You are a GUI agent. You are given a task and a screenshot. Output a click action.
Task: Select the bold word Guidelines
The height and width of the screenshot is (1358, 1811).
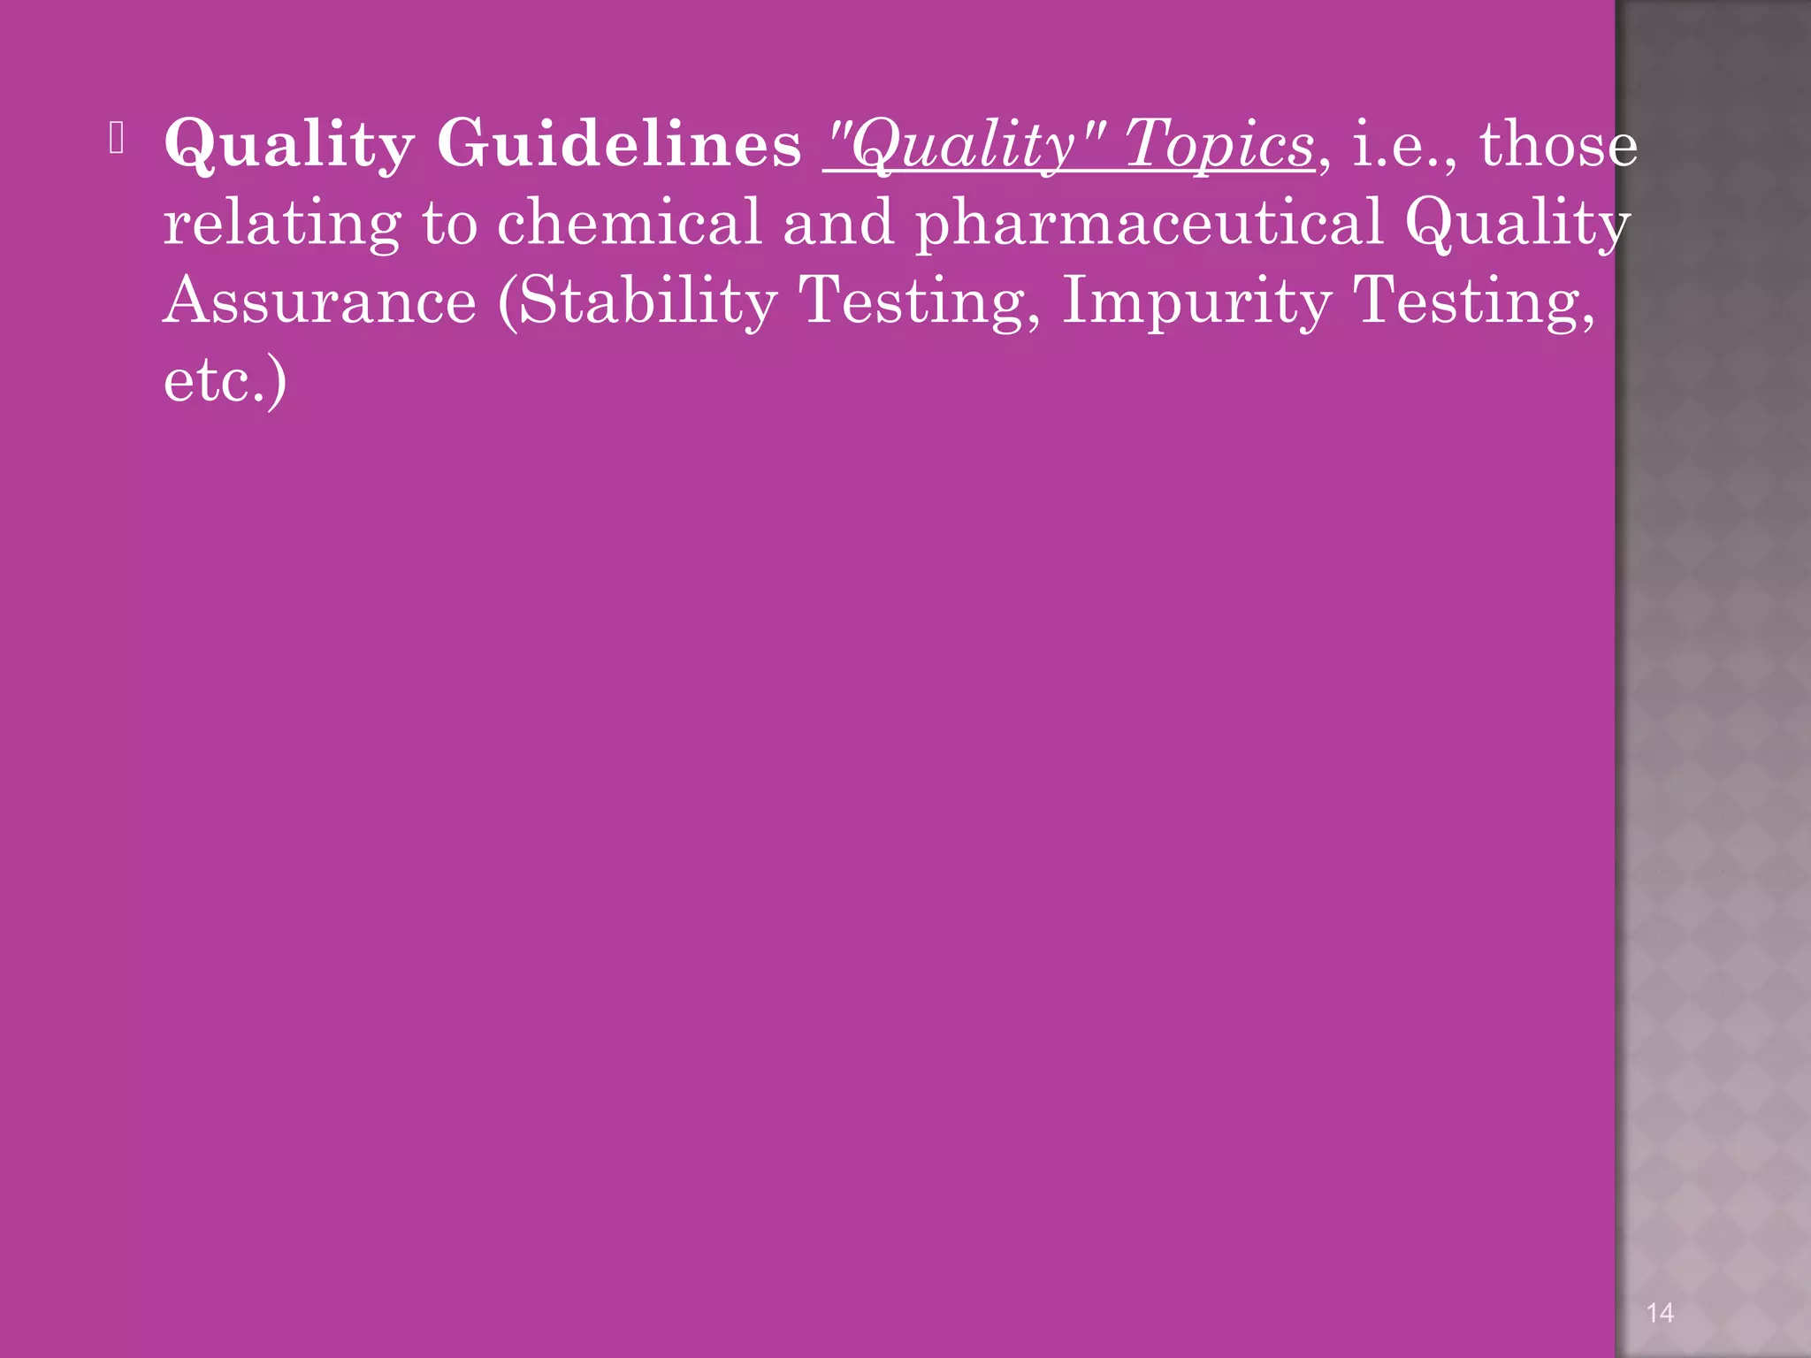[x=619, y=143]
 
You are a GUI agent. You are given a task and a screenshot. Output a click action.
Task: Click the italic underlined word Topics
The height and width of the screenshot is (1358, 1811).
[x=1219, y=143]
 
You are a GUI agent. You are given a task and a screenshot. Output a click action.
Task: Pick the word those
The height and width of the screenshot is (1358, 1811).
[x=1558, y=143]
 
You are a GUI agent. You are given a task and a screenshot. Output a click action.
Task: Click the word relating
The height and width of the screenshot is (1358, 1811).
[x=282, y=223]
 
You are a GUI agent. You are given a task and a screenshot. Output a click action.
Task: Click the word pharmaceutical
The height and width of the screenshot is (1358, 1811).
[x=1149, y=223]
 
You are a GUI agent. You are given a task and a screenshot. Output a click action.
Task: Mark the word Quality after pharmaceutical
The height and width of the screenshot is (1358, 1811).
[x=1517, y=223]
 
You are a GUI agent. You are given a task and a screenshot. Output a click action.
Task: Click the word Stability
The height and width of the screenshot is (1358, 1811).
[x=638, y=302]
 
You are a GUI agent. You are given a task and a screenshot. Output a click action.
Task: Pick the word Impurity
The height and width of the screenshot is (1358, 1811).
[x=1196, y=302]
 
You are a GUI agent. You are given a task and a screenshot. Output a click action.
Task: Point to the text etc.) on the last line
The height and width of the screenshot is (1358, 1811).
[x=225, y=380]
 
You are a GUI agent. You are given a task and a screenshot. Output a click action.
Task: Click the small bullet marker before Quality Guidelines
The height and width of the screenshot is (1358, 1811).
[x=117, y=138]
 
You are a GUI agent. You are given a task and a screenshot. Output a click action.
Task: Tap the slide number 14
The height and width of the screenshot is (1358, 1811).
[x=1660, y=1313]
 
